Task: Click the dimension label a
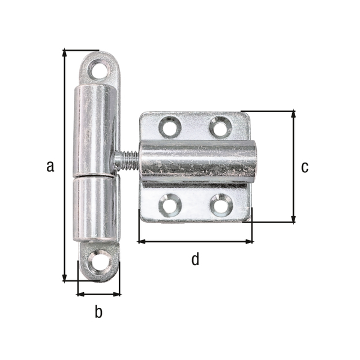[x=50, y=166]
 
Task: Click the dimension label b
[x=99, y=312]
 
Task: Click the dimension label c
[x=305, y=167]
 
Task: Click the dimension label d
[x=194, y=259]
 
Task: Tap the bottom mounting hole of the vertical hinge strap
[x=97, y=262]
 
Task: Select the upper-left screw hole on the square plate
[x=169, y=127]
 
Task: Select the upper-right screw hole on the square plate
[x=220, y=127]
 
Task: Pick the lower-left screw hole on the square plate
[x=169, y=206]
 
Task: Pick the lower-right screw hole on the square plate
[x=220, y=206]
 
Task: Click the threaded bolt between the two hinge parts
[x=127, y=161]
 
